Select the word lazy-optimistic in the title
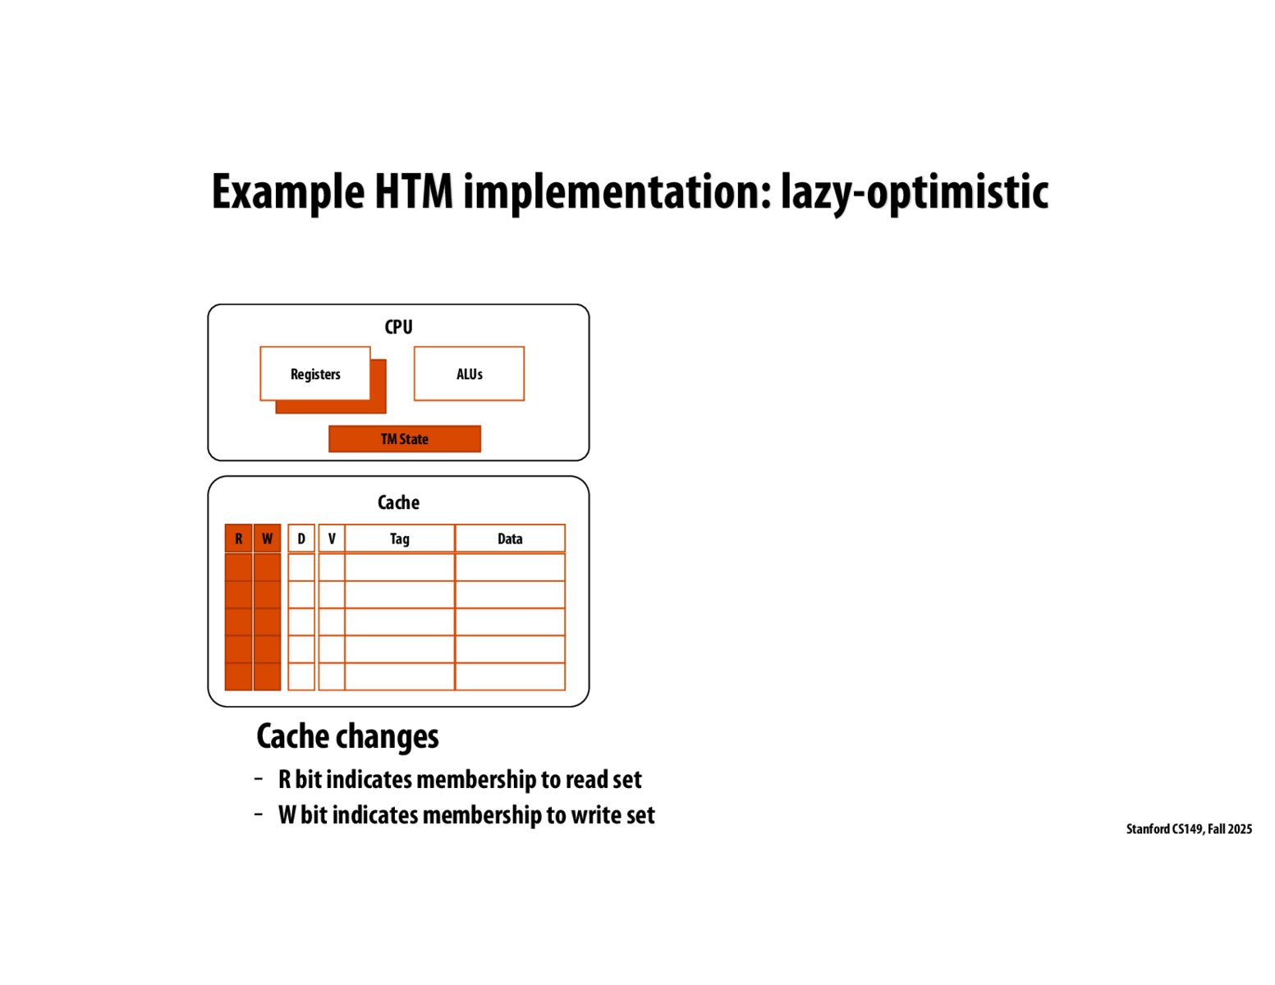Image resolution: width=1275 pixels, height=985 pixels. [x=914, y=193]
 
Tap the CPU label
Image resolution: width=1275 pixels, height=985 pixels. [x=398, y=327]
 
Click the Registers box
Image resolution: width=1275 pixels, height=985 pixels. [x=315, y=373]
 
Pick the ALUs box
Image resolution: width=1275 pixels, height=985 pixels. [x=469, y=373]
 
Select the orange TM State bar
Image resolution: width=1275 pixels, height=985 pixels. [x=404, y=439]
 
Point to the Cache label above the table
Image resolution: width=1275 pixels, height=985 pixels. [x=398, y=502]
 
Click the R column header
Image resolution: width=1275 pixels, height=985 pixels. [x=238, y=538]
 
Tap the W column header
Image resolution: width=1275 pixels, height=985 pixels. [x=267, y=538]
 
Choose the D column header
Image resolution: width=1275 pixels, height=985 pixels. [x=301, y=538]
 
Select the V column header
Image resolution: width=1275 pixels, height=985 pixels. [x=332, y=538]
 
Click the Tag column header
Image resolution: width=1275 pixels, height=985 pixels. [x=399, y=538]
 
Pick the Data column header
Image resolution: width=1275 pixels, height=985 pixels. [x=510, y=538]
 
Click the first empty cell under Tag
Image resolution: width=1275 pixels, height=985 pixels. [x=399, y=567]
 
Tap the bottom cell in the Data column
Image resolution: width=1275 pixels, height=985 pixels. [x=510, y=676]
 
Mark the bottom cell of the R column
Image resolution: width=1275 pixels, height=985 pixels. [x=238, y=676]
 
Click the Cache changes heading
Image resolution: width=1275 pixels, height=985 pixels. [x=347, y=736]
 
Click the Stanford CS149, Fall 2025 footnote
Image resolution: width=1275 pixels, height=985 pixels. [x=1188, y=829]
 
